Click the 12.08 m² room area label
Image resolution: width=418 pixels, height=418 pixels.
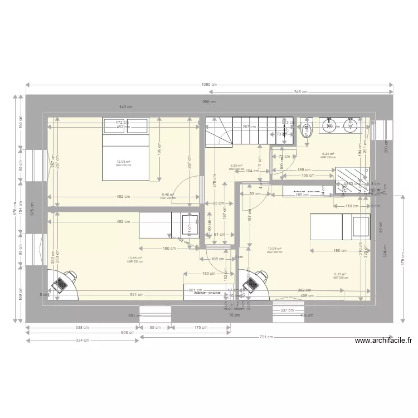[123, 162]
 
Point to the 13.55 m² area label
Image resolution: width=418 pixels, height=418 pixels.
[134, 258]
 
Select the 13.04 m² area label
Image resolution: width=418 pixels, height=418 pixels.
[274, 249]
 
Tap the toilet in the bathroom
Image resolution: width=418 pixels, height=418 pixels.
[305, 131]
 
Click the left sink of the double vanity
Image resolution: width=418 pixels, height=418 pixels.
[329, 126]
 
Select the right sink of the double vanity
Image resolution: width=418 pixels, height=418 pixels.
[351, 126]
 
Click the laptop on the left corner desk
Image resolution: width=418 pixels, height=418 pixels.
[59, 285]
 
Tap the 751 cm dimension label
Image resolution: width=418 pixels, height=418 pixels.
[266, 337]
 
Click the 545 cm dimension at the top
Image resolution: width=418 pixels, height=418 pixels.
[301, 92]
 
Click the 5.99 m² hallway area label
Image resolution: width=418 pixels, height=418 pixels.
[236, 166]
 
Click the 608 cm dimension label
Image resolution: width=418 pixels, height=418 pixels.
[129, 333]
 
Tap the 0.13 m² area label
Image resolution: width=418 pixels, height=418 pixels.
[340, 274]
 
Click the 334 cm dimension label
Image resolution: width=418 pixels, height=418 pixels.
[82, 340]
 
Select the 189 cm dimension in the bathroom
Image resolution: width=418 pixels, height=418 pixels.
[304, 169]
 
